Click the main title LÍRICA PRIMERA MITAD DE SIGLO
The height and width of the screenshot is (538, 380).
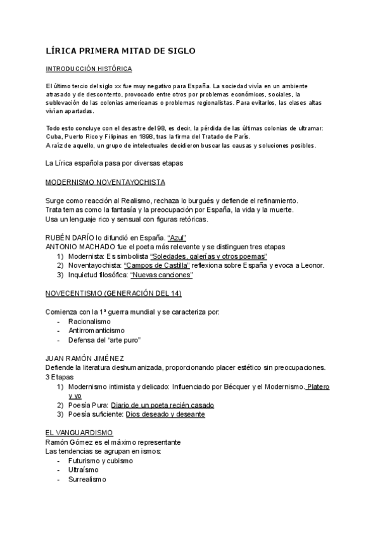coord(121,50)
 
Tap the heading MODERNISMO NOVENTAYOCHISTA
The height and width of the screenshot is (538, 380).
coord(106,183)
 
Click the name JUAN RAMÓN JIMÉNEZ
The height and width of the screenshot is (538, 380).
coord(84,358)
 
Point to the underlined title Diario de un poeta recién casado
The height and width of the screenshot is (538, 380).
coord(162,405)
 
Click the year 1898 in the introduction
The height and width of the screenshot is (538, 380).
coord(139,136)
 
